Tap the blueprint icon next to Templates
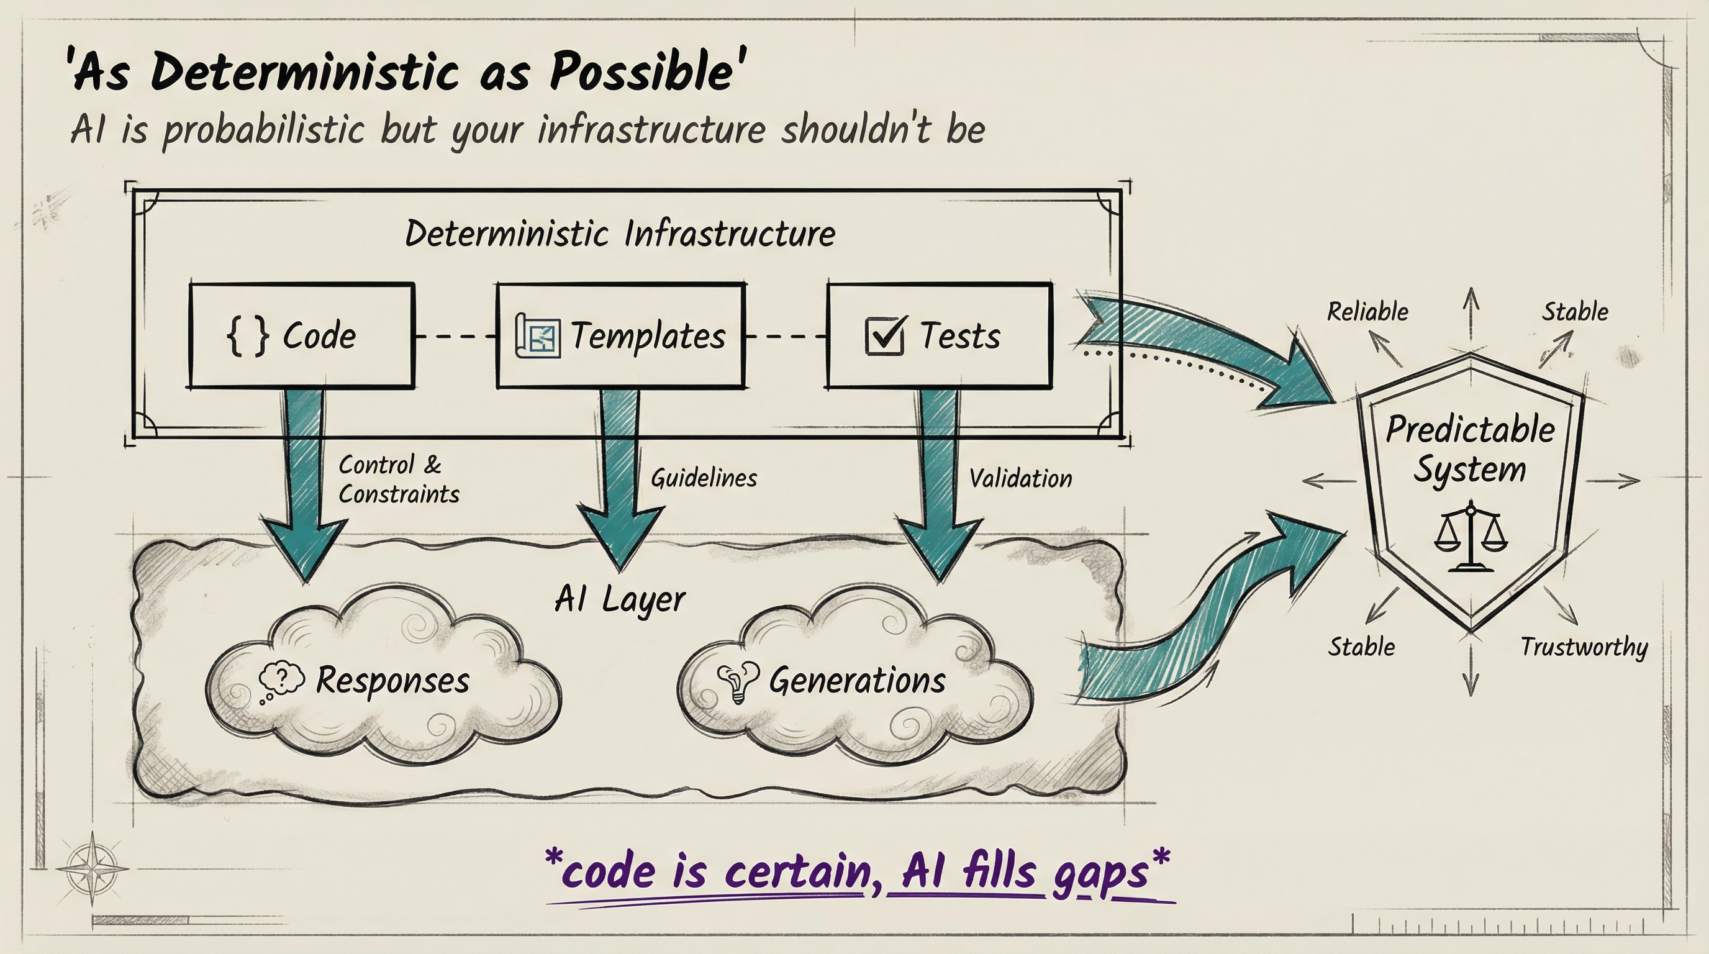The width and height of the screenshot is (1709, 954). (x=537, y=335)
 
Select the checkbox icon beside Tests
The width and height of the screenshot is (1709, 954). (x=884, y=335)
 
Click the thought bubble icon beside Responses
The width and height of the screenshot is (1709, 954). (x=281, y=681)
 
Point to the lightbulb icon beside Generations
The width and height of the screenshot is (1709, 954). (x=737, y=681)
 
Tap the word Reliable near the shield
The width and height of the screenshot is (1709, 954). (x=1367, y=312)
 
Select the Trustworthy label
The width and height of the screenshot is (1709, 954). (x=1584, y=647)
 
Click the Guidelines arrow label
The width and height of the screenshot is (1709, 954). (x=703, y=478)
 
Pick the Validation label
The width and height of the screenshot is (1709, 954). (x=1020, y=478)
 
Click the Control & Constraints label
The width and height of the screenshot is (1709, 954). (x=398, y=479)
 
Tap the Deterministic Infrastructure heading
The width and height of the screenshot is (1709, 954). (x=620, y=234)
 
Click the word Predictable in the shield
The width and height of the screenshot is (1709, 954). (x=1470, y=430)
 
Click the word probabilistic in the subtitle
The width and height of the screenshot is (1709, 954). (x=263, y=129)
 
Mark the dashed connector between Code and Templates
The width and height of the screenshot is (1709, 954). (x=455, y=337)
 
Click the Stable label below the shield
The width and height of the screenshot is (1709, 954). (x=1361, y=647)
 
